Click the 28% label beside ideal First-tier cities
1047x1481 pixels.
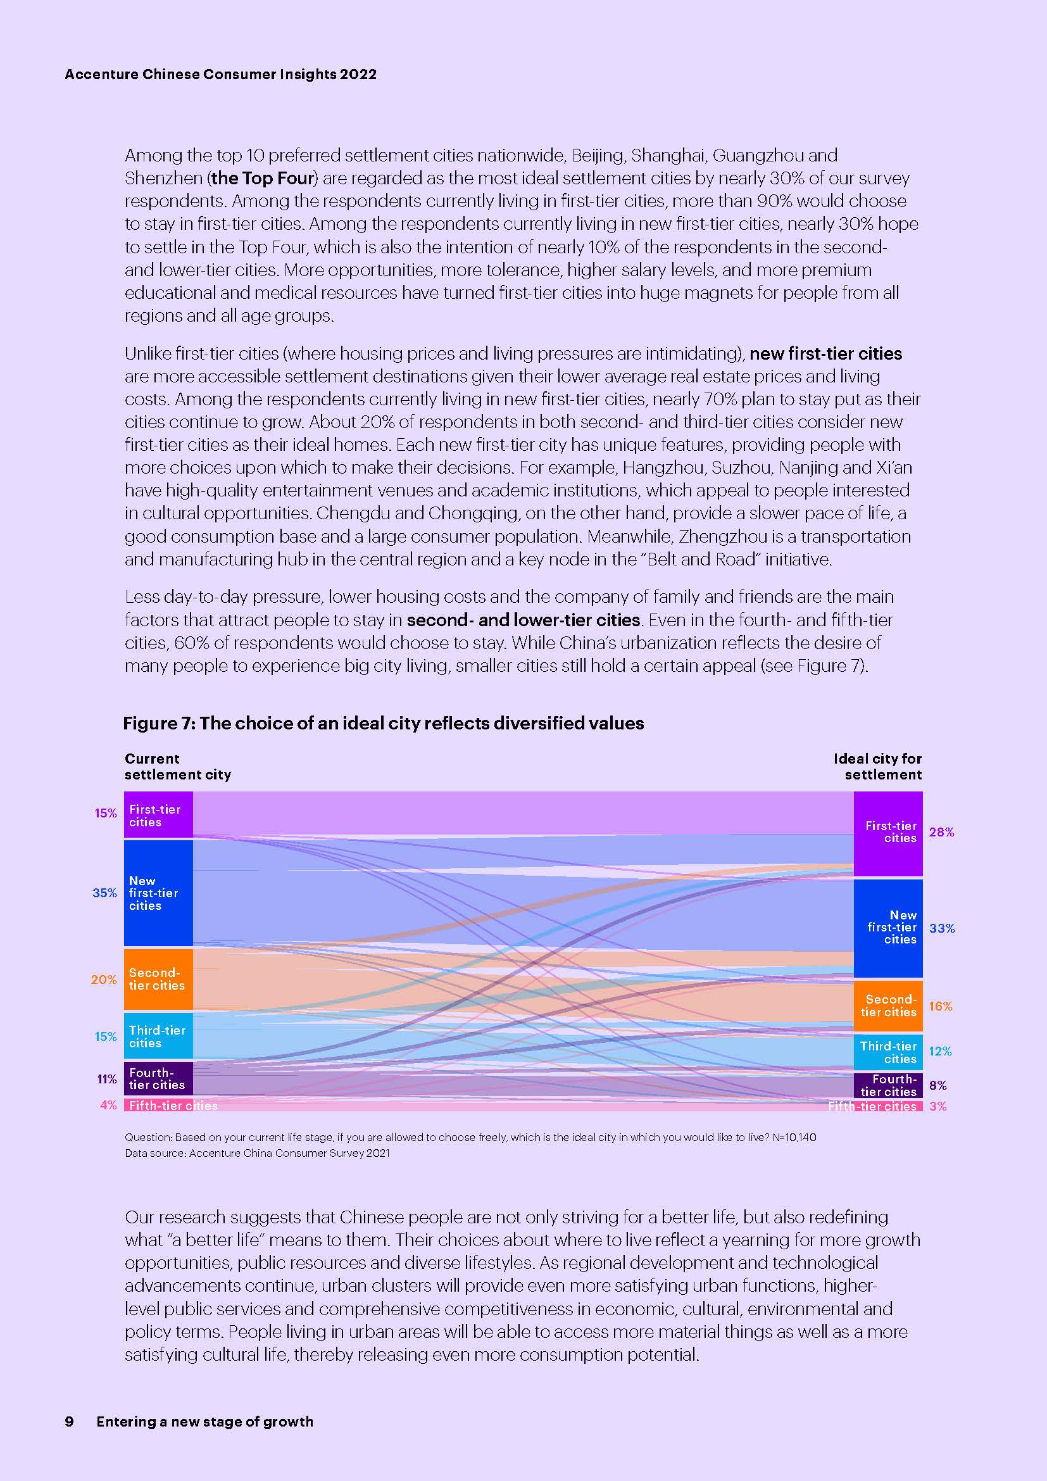click(941, 832)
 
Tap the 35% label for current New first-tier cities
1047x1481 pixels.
click(104, 893)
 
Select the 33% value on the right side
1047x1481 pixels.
click(941, 928)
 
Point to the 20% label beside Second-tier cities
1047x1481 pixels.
click(104, 979)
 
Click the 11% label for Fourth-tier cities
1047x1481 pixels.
click(107, 1078)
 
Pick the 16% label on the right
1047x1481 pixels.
click(940, 1005)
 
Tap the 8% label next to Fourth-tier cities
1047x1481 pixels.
click(937, 1085)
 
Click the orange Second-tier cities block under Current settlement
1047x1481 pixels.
click(158, 978)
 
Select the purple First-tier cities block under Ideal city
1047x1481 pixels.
click(887, 833)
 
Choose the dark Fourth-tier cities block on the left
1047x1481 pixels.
click(158, 1078)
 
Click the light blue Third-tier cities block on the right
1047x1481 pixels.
click(887, 1052)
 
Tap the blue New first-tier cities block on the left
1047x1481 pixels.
click(158, 893)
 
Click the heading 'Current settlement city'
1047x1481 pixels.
click(177, 766)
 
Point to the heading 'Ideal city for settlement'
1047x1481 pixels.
click(877, 766)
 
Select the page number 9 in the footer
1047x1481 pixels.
click(69, 1421)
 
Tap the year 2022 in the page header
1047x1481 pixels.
click(358, 74)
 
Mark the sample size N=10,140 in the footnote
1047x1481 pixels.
click(794, 1137)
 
